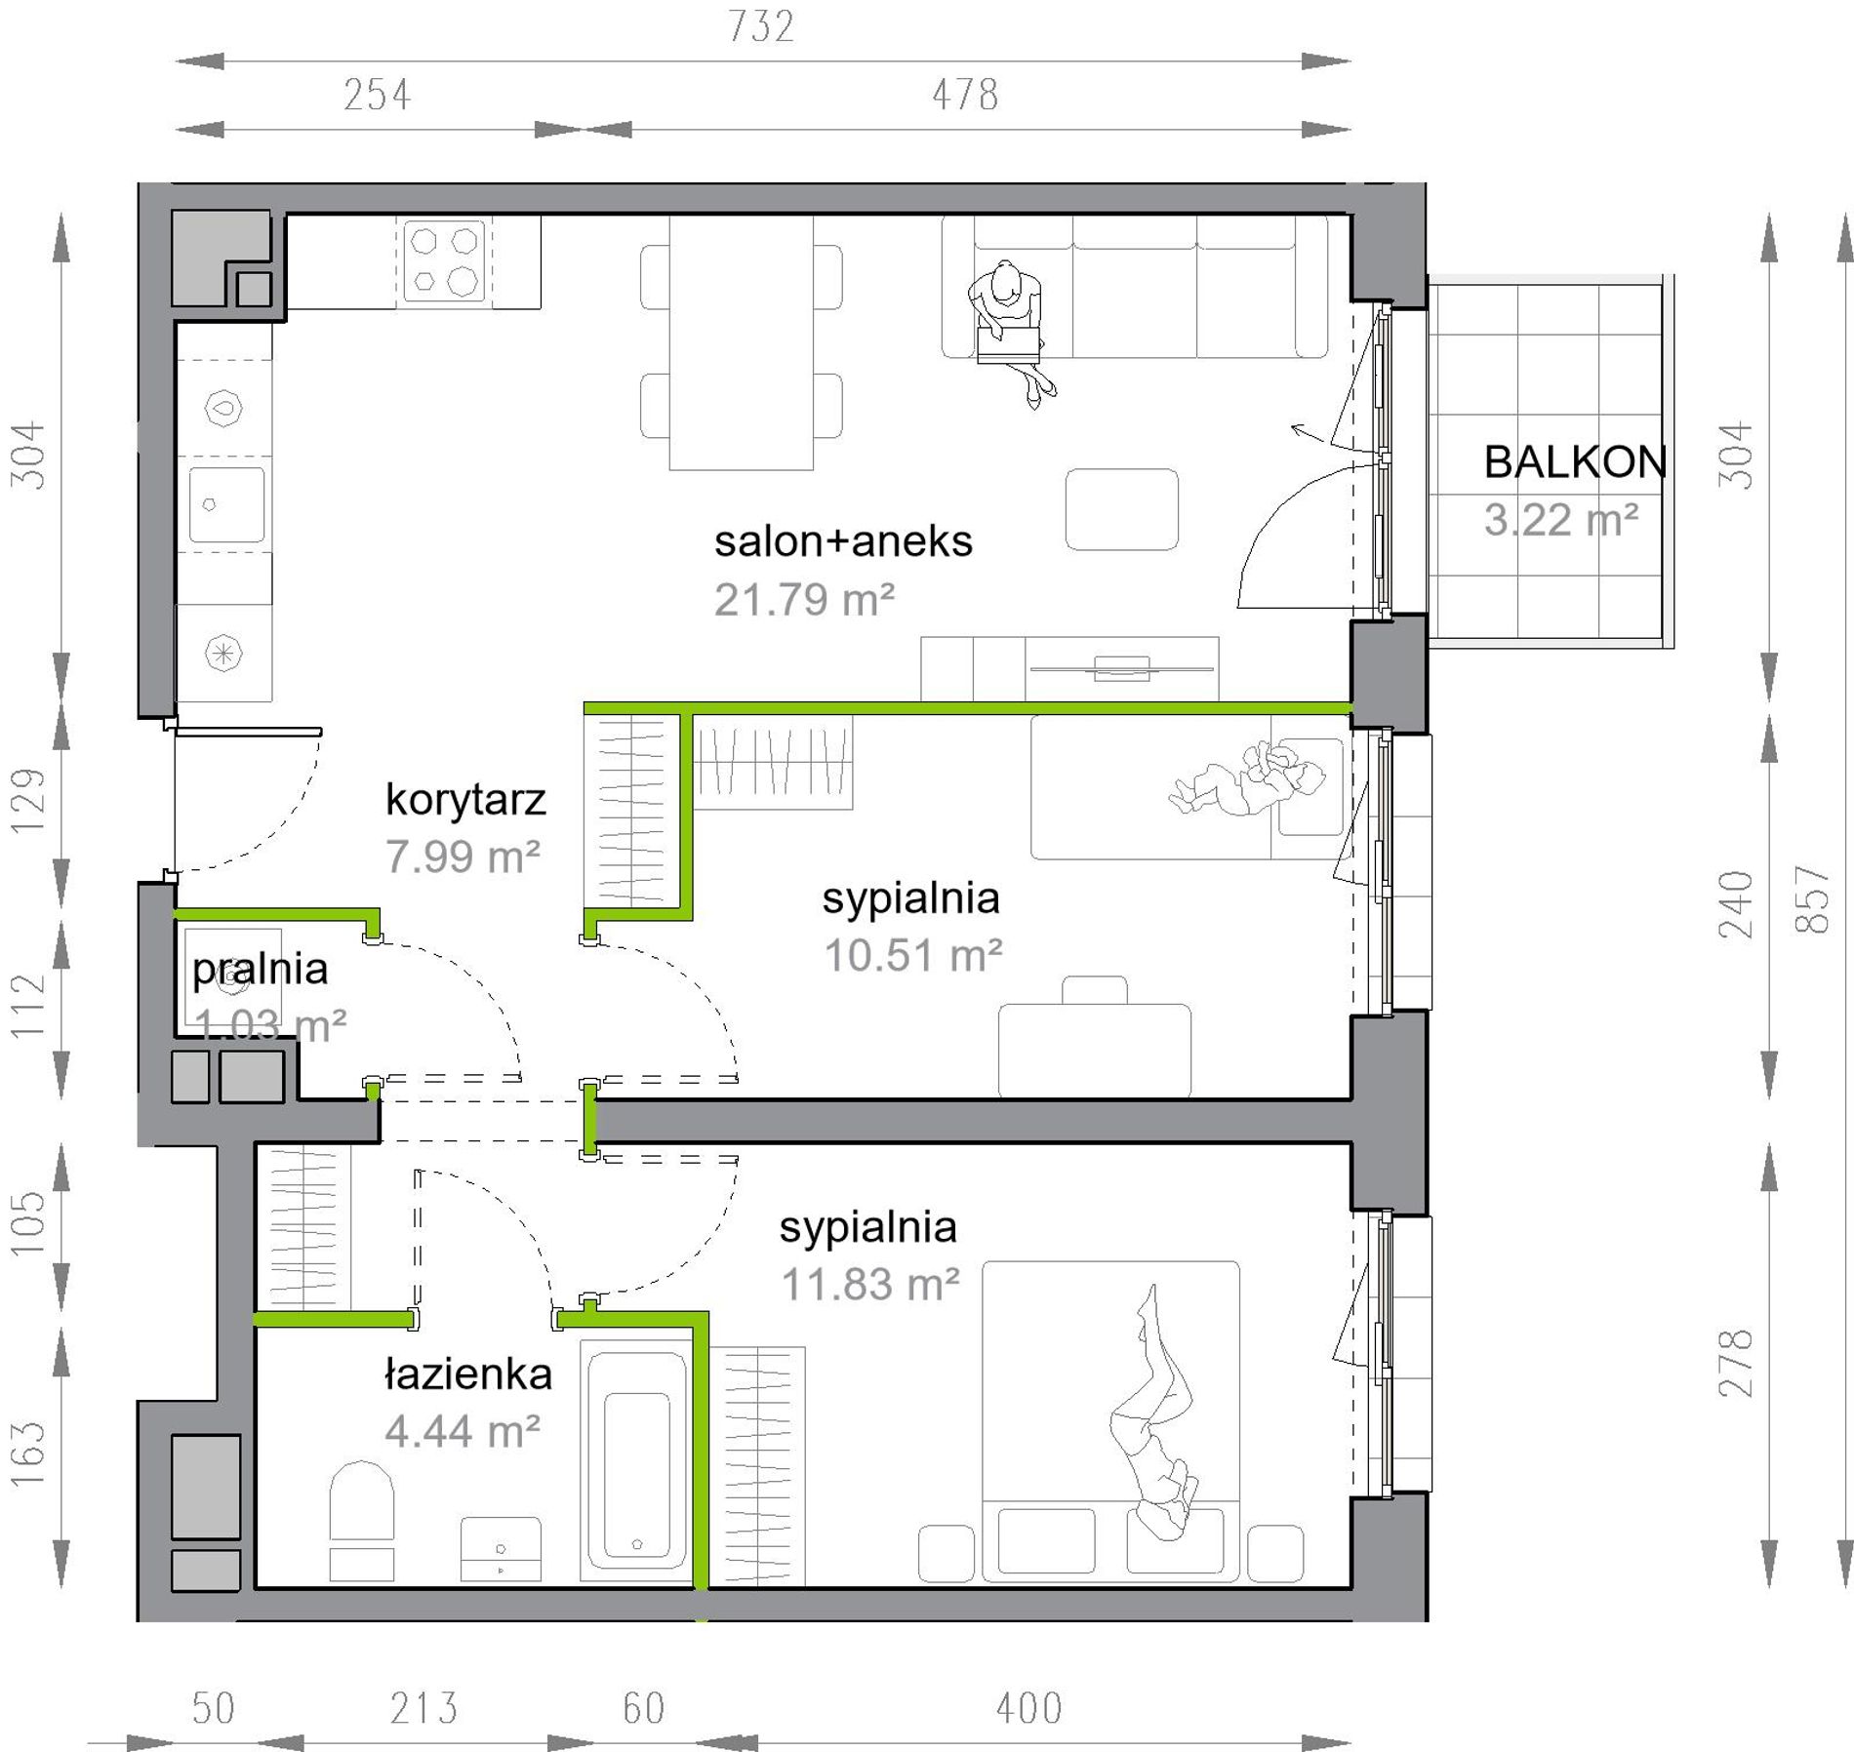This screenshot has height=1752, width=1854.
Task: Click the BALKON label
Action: (x=1575, y=461)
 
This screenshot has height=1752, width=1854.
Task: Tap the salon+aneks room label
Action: (x=843, y=541)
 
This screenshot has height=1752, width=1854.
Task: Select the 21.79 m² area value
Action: (x=804, y=600)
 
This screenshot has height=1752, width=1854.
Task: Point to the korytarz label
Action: (x=465, y=800)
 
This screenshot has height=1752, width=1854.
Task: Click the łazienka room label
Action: (x=468, y=1374)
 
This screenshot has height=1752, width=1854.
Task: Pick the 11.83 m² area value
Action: (x=870, y=1284)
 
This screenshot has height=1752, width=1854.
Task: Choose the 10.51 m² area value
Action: (x=913, y=955)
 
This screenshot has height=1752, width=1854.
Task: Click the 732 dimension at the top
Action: (x=762, y=26)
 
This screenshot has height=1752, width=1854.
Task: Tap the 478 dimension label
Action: (x=965, y=95)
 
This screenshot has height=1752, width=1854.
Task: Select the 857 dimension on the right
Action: (x=1812, y=898)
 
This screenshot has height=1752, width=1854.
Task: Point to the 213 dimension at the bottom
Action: (x=423, y=1708)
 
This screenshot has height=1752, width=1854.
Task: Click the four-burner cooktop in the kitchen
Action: (x=444, y=260)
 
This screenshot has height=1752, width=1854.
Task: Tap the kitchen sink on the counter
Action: (x=226, y=504)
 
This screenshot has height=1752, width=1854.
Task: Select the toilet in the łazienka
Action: (x=362, y=1520)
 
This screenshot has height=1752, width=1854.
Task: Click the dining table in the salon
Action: (x=741, y=342)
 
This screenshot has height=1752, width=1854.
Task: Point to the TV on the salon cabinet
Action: (x=1122, y=668)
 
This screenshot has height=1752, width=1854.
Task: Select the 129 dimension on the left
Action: (x=28, y=801)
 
